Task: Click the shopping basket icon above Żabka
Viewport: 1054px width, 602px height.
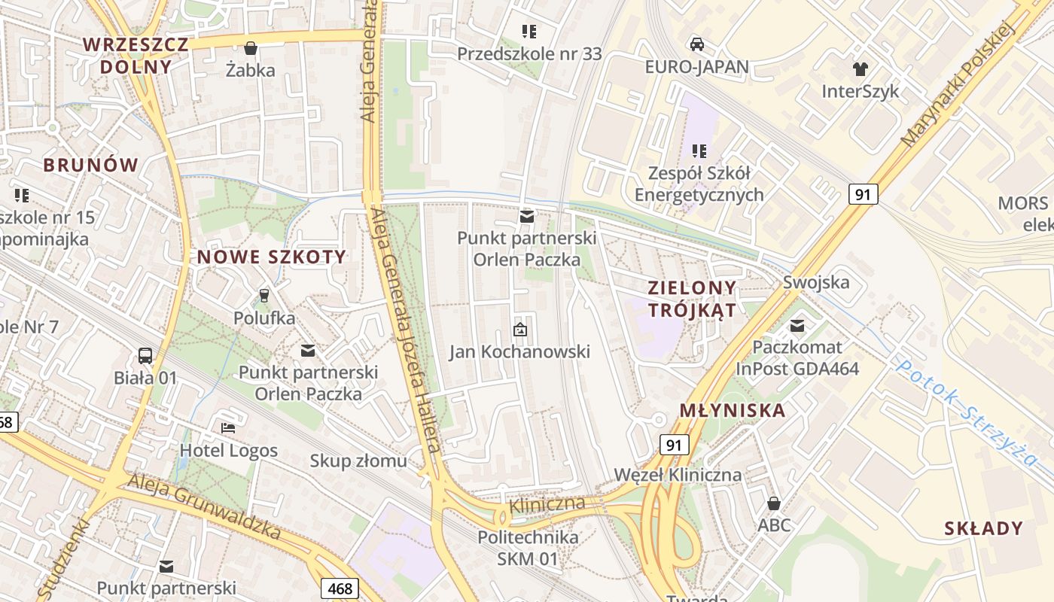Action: [x=251, y=48]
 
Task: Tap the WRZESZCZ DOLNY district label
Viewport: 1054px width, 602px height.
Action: [x=136, y=55]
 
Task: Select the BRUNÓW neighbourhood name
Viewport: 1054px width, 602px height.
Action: [x=91, y=165]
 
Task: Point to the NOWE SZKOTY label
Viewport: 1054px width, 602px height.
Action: [x=272, y=257]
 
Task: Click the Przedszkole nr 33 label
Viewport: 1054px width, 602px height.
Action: [x=530, y=53]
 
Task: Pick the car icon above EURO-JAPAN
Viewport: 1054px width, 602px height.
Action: [x=697, y=44]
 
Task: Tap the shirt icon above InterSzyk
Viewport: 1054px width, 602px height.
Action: [x=861, y=69]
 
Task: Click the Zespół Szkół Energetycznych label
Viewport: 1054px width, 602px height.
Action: [x=699, y=184]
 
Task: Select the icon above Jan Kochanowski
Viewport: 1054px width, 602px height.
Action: [x=519, y=330]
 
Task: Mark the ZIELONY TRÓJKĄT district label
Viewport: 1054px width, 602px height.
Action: [x=692, y=299]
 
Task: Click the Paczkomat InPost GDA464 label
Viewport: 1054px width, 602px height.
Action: [x=797, y=358]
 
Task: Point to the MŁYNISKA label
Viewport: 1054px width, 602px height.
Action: [x=733, y=411]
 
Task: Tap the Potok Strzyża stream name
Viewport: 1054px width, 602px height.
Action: [x=968, y=412]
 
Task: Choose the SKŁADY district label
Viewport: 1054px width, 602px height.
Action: [x=984, y=528]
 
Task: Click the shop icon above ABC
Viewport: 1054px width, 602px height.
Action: [x=773, y=503]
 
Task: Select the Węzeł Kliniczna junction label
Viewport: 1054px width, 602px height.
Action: [x=678, y=475]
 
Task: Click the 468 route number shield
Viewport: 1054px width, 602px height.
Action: [x=340, y=588]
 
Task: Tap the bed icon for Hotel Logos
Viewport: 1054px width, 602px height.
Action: [x=228, y=428]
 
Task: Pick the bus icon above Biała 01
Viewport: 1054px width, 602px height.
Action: [x=145, y=355]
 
